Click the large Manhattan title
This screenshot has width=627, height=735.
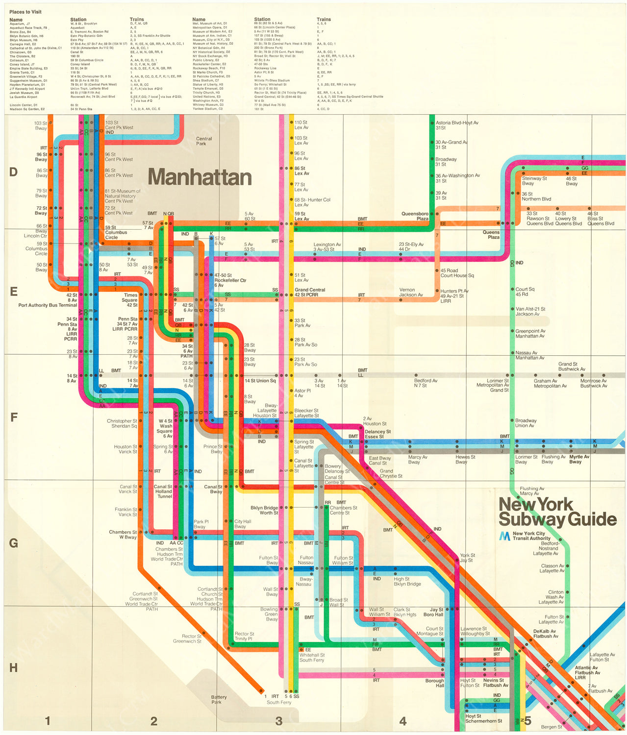(x=200, y=177)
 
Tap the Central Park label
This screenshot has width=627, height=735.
(x=204, y=141)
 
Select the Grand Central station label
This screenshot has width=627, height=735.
(x=309, y=292)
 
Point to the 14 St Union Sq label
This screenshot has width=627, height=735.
(x=260, y=381)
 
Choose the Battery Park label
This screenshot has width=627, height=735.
(x=219, y=699)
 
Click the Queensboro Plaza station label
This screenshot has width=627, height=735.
(x=415, y=216)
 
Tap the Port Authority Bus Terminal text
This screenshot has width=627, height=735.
(x=48, y=305)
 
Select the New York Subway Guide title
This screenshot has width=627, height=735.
(x=557, y=512)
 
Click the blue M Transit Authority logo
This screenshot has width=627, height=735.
(x=504, y=536)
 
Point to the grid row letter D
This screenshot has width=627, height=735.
(x=13, y=172)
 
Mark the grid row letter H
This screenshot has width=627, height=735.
(x=13, y=668)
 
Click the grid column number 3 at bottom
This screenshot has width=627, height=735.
(x=279, y=721)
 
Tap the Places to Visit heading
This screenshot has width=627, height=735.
(x=25, y=12)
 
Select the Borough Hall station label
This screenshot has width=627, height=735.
(x=434, y=683)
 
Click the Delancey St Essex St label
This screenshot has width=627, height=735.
(x=377, y=434)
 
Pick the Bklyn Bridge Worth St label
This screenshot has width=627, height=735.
(x=264, y=510)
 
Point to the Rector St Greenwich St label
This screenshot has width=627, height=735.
(x=187, y=638)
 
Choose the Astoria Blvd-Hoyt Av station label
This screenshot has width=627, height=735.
(x=457, y=125)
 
